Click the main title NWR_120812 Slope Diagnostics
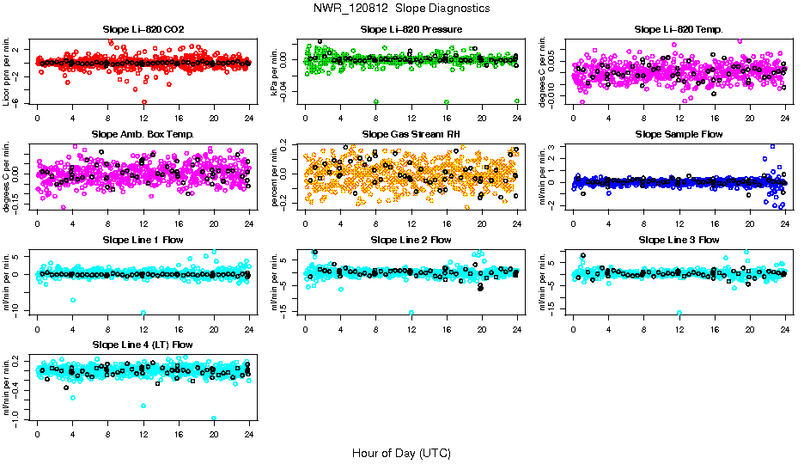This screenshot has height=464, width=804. coord(402,8)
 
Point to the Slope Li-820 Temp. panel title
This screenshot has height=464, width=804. coord(679,29)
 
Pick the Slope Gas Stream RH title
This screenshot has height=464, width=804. coord(411,135)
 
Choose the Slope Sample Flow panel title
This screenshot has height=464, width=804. coord(679,135)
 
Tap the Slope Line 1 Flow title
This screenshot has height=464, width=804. coord(143,240)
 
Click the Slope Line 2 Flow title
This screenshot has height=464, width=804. coord(411,240)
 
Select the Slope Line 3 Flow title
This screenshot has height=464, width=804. coord(679,240)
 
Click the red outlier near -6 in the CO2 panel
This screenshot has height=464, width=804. coord(143,101)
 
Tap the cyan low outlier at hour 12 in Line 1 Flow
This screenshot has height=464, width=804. coord(143,312)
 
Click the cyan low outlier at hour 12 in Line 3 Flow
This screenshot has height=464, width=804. coord(679,313)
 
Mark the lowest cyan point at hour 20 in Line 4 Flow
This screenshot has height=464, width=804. coord(214,418)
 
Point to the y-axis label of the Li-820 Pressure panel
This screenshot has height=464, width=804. coord(276,70)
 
